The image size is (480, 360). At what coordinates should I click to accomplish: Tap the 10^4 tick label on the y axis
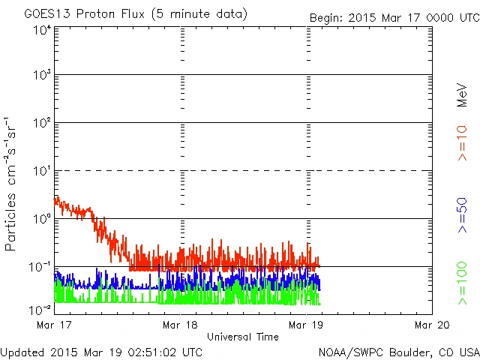[41, 30]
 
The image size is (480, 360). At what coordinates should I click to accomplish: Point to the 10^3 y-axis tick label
[41, 75]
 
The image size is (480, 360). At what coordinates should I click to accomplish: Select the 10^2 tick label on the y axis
[41, 122]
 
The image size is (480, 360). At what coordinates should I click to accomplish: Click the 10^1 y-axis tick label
[41, 171]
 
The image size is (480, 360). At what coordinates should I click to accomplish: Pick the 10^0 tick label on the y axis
[41, 218]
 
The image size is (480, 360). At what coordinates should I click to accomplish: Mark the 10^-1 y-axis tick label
[40, 266]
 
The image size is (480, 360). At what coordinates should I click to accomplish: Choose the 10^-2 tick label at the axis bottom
[40, 310]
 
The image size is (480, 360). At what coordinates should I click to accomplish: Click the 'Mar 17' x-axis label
[49, 325]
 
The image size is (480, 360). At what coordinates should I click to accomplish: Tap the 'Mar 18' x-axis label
[179, 325]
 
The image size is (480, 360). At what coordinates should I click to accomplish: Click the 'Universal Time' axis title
[242, 337]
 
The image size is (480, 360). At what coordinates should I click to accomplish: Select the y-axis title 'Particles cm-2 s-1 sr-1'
[13, 183]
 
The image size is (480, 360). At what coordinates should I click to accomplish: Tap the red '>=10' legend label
[462, 143]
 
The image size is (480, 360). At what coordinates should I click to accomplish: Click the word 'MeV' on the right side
[462, 93]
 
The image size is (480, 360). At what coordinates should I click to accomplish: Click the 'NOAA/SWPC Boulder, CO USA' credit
[398, 352]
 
